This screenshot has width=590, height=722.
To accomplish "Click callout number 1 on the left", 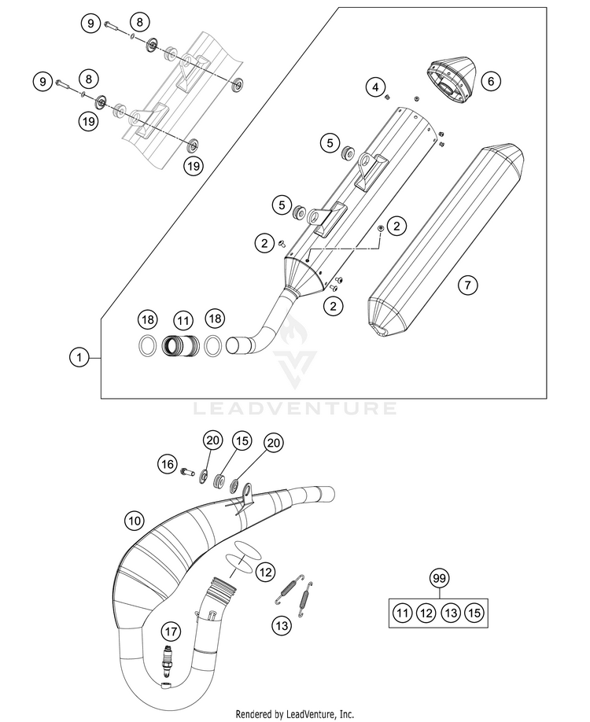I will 77,358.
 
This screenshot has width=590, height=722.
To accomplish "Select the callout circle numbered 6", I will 489,80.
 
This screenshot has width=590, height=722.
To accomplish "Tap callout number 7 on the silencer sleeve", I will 468,285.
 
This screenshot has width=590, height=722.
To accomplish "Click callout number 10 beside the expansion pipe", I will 135,520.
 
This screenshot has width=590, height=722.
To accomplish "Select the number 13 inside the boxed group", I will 449,612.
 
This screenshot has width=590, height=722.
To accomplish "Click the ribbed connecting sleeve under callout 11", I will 183,345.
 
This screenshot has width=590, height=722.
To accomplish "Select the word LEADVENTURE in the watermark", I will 295,408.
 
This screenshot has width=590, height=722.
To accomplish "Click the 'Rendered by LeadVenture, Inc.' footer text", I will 295,714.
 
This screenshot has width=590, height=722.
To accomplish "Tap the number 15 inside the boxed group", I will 473,612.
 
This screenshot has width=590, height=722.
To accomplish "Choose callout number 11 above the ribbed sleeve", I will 183,320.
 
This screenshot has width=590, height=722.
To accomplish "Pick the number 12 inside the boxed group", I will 426,612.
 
